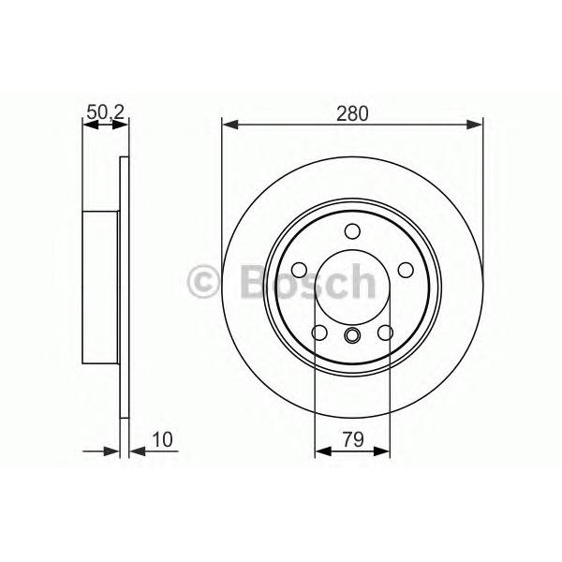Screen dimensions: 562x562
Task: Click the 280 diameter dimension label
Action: [x=352, y=113]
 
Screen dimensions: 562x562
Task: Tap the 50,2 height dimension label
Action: [x=105, y=112]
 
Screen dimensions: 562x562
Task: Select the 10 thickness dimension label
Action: [x=163, y=439]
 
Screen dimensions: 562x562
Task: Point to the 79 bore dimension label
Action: [x=353, y=439]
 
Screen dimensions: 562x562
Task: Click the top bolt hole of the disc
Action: [x=352, y=231]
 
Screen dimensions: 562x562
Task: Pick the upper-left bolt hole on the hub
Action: [x=300, y=270]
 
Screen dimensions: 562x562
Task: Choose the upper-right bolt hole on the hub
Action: [x=406, y=270]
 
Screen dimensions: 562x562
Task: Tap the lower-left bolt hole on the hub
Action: [x=319, y=333]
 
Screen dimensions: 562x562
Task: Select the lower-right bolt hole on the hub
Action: [x=385, y=333]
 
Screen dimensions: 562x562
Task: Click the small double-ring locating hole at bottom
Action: [x=352, y=335]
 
